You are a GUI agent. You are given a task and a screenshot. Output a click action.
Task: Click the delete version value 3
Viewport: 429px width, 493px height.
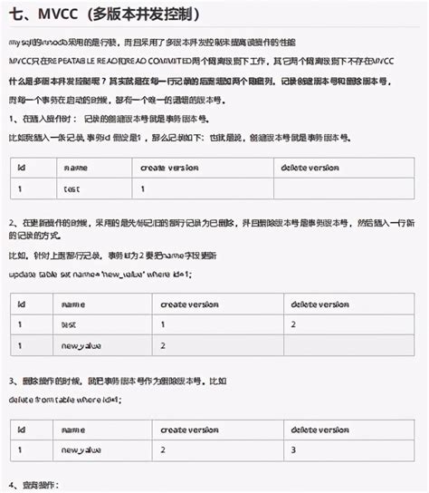click(292, 449)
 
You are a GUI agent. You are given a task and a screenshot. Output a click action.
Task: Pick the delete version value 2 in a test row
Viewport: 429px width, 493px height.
click(292, 323)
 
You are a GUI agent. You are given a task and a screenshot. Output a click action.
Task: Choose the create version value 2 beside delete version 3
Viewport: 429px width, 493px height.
click(163, 449)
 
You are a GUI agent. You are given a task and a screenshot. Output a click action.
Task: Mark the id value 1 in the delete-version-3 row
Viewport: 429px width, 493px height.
click(19, 449)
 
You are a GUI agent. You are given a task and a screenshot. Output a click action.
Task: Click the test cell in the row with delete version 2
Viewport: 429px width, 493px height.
click(69, 323)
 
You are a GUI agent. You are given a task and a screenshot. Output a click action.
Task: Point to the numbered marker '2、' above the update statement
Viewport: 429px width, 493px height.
click(14, 222)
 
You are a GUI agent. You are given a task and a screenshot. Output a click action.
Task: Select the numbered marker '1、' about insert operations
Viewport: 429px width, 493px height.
click(14, 120)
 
